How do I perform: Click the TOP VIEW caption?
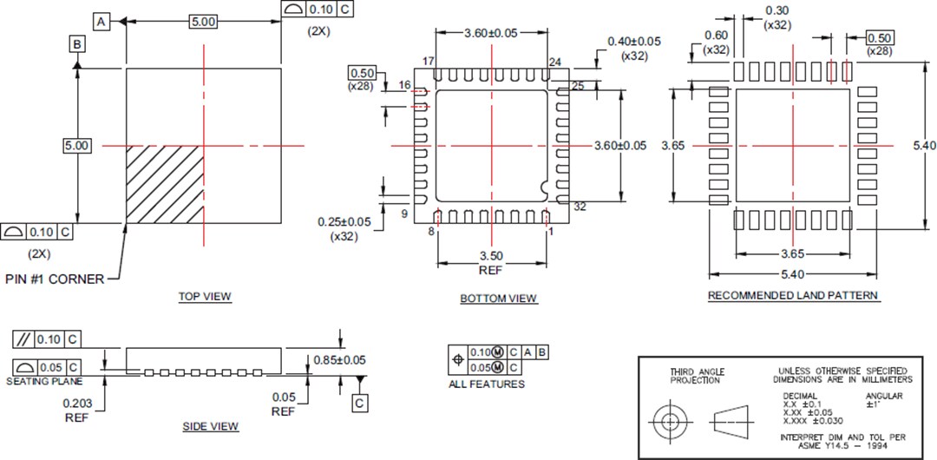pos(205,296)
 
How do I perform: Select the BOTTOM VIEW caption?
pos(498,299)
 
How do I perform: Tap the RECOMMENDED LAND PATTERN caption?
pos(793,295)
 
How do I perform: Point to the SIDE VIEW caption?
pos(210,426)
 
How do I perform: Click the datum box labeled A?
pos(102,21)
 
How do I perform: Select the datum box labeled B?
pos(78,43)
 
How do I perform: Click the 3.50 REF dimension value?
pos(491,256)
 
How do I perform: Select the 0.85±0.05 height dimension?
pos(338,359)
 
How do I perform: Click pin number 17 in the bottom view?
pos(428,61)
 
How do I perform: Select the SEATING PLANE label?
pos(45,382)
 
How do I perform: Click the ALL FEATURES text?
pos(486,384)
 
